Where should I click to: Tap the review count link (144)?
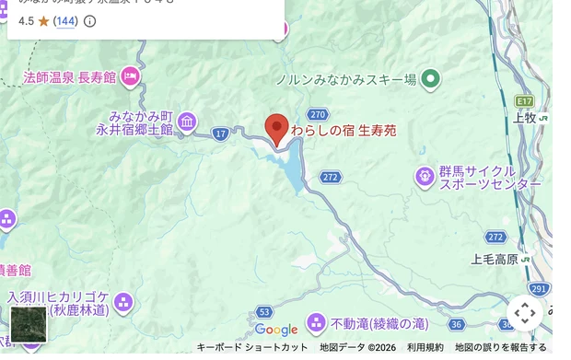[x=65, y=20]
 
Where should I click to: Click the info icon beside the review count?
[x=89, y=20]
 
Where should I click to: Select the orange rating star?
[x=43, y=20]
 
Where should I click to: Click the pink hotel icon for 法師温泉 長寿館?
[x=131, y=76]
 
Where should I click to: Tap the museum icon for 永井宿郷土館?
[x=187, y=122]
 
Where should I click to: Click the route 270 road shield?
[x=318, y=114]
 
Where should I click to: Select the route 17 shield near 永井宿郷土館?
[x=220, y=134]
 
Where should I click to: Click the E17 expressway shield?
[x=524, y=99]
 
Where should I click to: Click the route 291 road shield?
[x=540, y=289]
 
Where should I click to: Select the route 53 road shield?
[x=264, y=312]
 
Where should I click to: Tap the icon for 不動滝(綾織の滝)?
[x=316, y=323]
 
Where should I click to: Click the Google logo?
[x=276, y=330]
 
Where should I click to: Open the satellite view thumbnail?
[x=28, y=324]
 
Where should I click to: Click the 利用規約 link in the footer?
[x=425, y=347]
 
